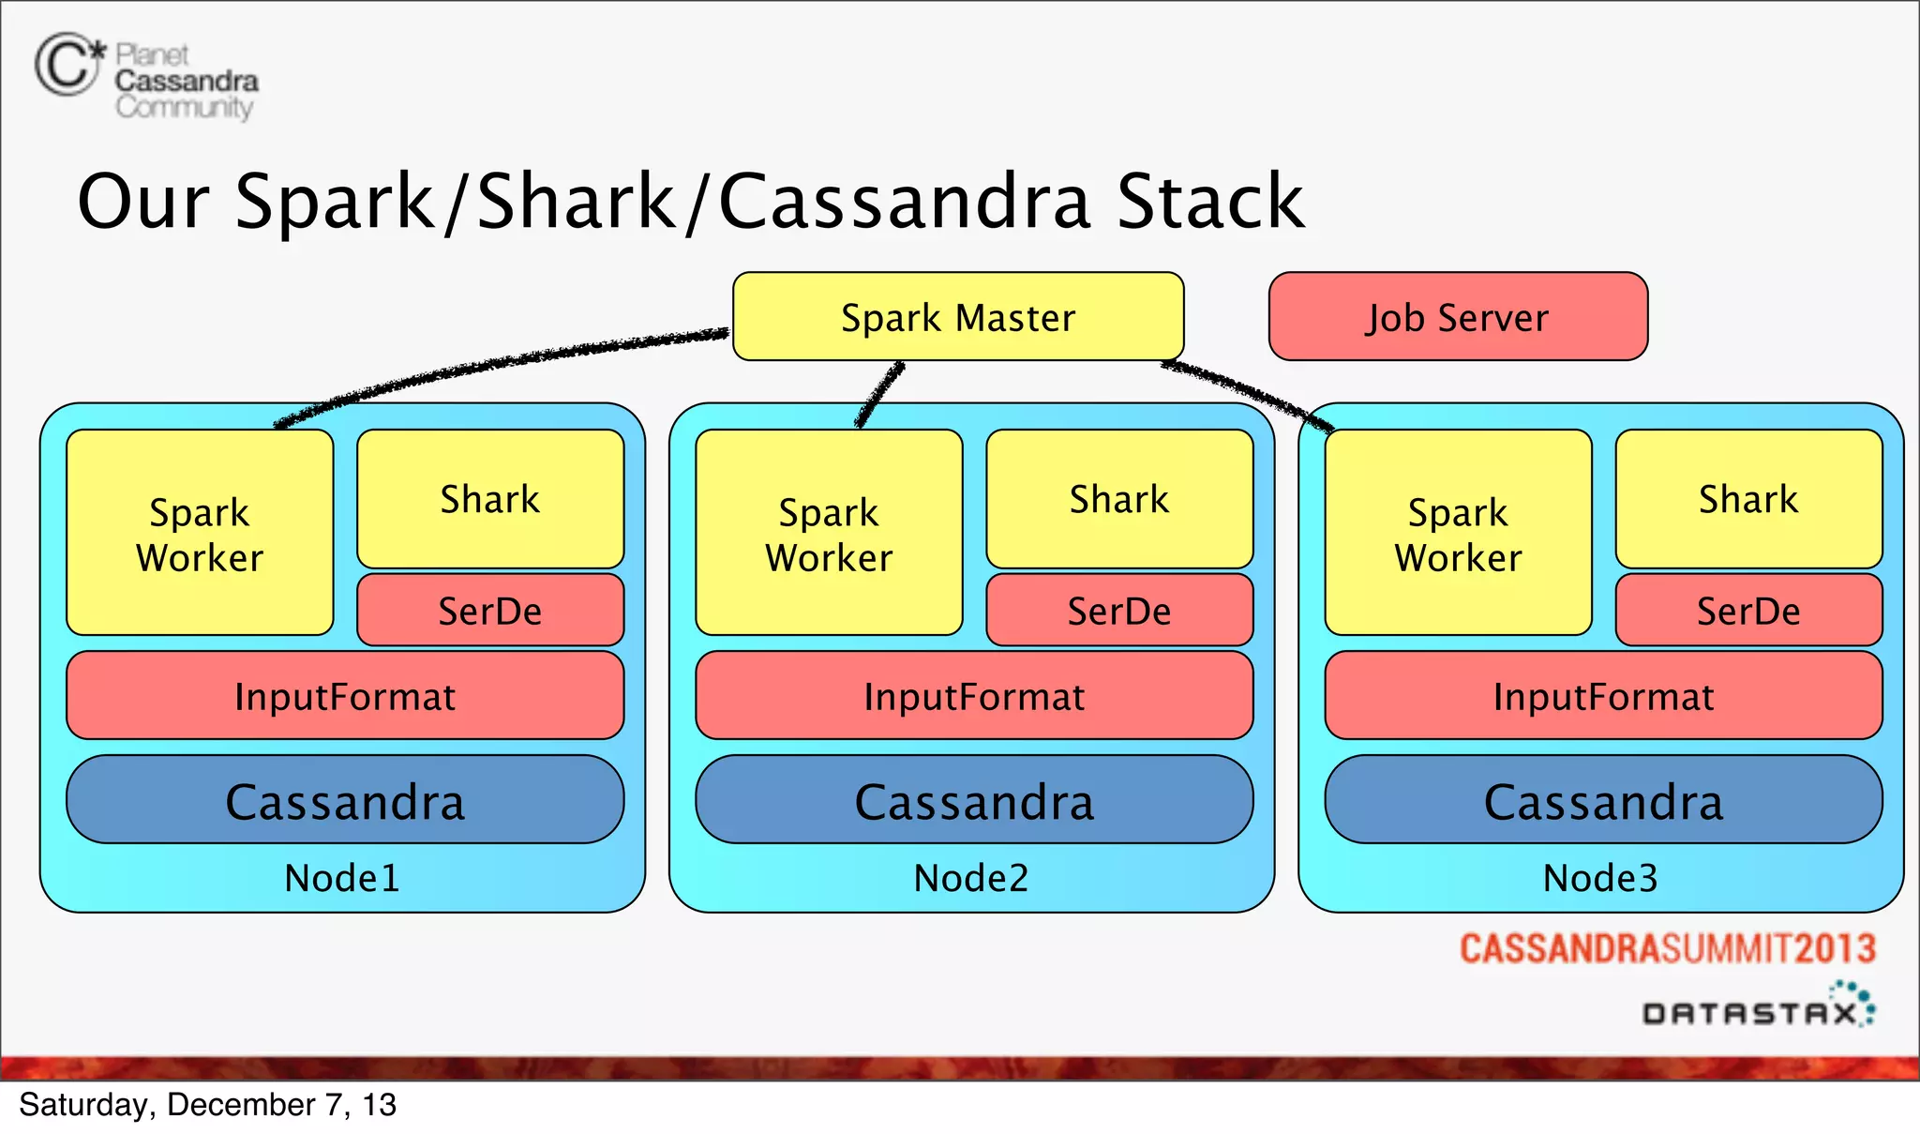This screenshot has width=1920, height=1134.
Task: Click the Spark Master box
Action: (x=958, y=317)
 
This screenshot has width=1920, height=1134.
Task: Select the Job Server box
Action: (x=1458, y=317)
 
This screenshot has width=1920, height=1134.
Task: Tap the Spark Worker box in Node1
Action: (x=200, y=533)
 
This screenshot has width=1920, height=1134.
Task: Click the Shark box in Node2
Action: (x=1119, y=499)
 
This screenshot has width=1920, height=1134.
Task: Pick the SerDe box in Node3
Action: (x=1748, y=611)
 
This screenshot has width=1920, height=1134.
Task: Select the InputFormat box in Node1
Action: (x=345, y=696)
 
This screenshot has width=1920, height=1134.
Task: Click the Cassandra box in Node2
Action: (x=974, y=800)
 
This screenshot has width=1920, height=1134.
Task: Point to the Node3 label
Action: (x=1600, y=878)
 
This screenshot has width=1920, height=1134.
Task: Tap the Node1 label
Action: (x=342, y=878)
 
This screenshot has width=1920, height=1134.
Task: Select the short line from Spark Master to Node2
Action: (x=879, y=395)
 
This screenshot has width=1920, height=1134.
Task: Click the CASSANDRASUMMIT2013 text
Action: (x=1667, y=948)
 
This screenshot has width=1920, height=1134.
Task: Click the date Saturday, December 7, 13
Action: (x=207, y=1105)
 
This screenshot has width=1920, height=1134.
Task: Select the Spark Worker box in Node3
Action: (x=1458, y=533)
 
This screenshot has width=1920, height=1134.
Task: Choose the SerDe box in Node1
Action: (x=490, y=611)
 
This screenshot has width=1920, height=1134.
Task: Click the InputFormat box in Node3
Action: (x=1603, y=696)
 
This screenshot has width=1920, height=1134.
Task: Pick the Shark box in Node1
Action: (x=490, y=499)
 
